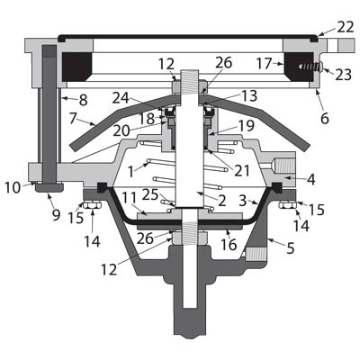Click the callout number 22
(x=346, y=28)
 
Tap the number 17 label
(x=264, y=64)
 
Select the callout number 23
(x=343, y=75)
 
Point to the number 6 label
(x=325, y=119)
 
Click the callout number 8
(x=83, y=100)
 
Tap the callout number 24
(x=121, y=98)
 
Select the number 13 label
(x=249, y=95)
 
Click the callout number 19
(x=247, y=125)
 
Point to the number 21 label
(x=242, y=171)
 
